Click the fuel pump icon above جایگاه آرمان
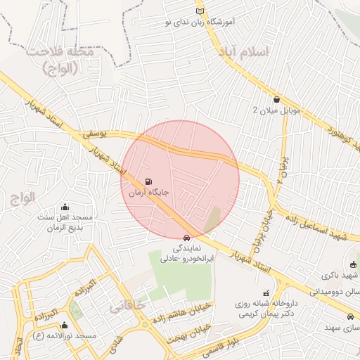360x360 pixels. click(x=148, y=181)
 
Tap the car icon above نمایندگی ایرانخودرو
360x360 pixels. click(x=186, y=238)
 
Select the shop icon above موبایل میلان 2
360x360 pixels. click(x=276, y=100)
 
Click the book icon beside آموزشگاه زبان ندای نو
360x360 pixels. click(x=200, y=12)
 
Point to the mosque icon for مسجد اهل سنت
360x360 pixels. click(x=65, y=207)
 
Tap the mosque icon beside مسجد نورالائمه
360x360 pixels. click(x=65, y=326)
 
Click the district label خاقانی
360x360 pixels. click(x=126, y=307)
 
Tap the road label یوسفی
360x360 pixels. click(x=92, y=131)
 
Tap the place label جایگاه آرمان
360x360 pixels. click(x=148, y=191)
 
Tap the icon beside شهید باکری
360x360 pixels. click(x=353, y=265)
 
